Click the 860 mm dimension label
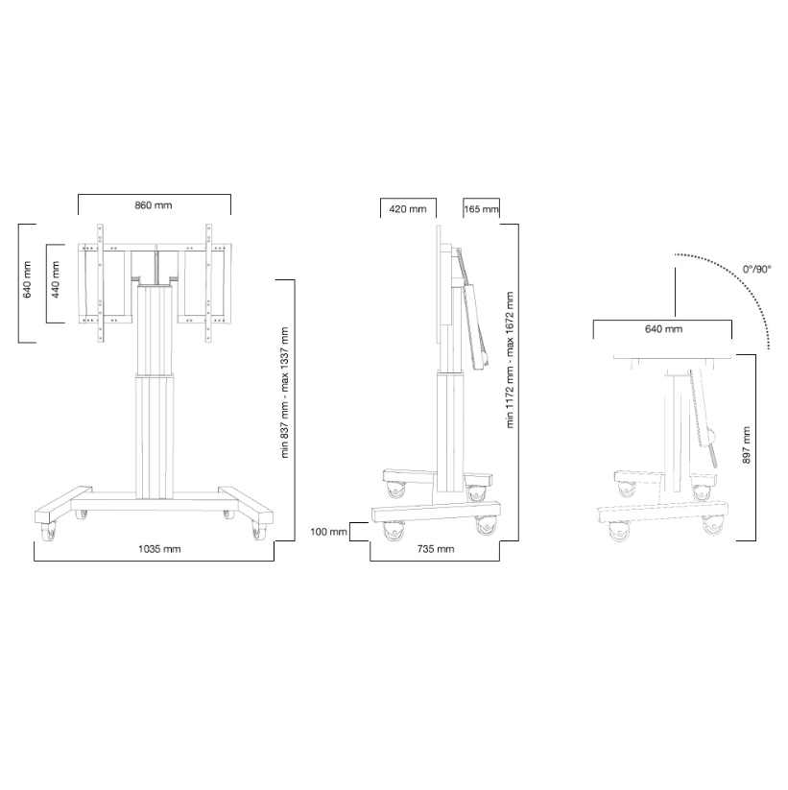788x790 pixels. (154, 205)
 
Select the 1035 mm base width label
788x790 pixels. (159, 549)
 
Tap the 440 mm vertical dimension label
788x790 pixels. (56, 279)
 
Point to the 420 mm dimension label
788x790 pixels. (408, 208)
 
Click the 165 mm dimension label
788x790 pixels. (481, 208)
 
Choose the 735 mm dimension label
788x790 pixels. (436, 549)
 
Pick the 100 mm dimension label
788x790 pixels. (328, 532)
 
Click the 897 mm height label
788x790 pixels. (746, 444)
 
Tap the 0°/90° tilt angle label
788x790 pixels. (756, 269)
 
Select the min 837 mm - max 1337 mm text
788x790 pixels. (285, 393)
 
